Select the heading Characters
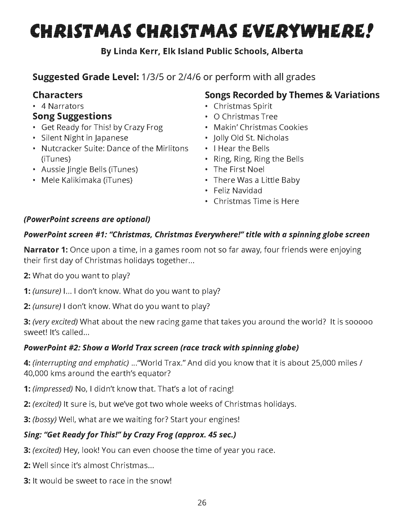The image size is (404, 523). [58, 95]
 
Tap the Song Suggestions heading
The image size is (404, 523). [72, 116]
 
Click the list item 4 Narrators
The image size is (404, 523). [62, 106]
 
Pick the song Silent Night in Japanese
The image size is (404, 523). [84, 138]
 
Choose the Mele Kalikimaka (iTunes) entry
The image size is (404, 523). [87, 180]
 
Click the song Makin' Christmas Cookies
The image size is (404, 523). [261, 128]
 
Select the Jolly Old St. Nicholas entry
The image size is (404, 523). [251, 138]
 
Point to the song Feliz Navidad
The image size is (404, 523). [238, 191]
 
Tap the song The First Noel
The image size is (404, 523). [239, 169]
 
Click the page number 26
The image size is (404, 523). [202, 503]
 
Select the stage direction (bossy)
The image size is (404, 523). [45, 420]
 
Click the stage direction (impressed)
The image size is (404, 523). [53, 389]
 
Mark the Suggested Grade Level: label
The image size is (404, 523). [86, 77]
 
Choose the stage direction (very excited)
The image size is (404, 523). [55, 322]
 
